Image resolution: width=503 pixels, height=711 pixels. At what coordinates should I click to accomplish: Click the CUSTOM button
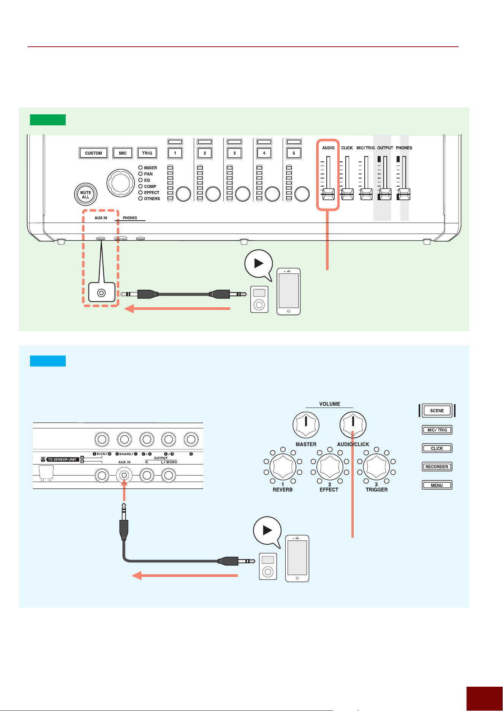[x=93, y=153]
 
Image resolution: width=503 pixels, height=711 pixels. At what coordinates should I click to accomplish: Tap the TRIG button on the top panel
[x=147, y=153]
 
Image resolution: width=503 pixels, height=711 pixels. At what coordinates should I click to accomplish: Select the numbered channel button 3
[x=234, y=153]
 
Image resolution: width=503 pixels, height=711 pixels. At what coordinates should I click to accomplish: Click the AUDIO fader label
[x=328, y=148]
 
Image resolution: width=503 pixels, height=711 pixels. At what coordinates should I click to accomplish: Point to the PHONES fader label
[x=404, y=148]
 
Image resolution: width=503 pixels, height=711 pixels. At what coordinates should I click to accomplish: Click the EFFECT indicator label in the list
[x=152, y=193]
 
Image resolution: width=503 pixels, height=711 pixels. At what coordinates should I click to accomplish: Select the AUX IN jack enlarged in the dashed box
[x=101, y=292]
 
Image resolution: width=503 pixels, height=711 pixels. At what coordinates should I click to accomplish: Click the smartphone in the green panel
[x=289, y=291]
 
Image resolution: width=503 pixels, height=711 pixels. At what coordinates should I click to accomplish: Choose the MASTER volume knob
[x=306, y=425]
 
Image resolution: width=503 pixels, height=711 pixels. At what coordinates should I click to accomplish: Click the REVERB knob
[x=283, y=466]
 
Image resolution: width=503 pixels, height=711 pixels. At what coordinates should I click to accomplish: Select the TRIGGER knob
[x=376, y=466]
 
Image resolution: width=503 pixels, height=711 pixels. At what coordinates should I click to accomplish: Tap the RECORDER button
[x=437, y=467]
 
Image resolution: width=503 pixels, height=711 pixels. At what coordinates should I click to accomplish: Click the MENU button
[x=437, y=485]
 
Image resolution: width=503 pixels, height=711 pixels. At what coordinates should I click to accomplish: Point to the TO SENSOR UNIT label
[x=62, y=460]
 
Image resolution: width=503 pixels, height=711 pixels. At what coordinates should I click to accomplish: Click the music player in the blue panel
[x=268, y=566]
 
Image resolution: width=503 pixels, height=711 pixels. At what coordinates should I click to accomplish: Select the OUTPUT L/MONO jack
[x=169, y=475]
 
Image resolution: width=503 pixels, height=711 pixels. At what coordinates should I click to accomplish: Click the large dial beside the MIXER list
[x=120, y=183]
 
